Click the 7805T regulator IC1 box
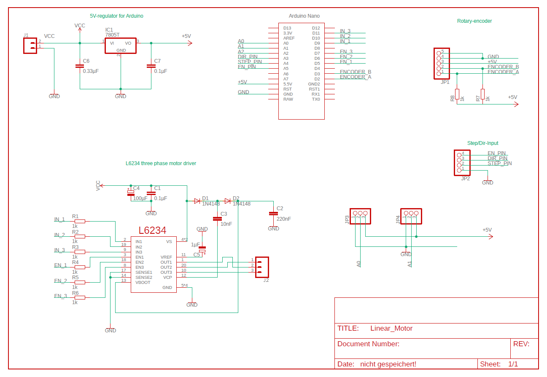[120, 45]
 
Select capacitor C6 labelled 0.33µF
[80, 66]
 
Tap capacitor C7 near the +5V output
[151, 66]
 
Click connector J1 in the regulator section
[30, 45]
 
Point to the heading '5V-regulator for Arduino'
[116, 16]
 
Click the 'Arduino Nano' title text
[304, 16]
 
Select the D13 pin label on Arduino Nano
[287, 28]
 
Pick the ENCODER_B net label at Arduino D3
[355, 72]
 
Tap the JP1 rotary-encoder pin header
[439, 64]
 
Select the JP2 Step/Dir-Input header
[459, 163]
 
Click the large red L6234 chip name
[152, 230]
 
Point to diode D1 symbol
[197, 201]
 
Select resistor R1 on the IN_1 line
[79, 221]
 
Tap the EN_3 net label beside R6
[60, 296]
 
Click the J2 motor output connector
[261, 265]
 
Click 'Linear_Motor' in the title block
[391, 329]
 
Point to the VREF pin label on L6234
[166, 257]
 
